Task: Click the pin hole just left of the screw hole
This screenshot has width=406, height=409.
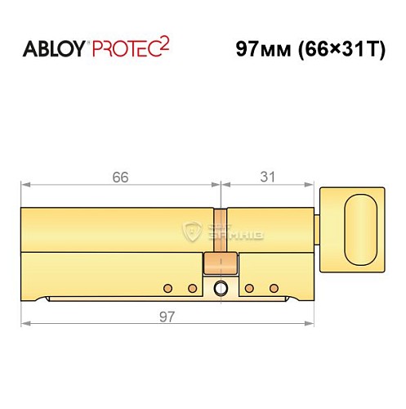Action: point(192,288)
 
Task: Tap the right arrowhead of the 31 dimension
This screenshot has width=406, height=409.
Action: point(312,186)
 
